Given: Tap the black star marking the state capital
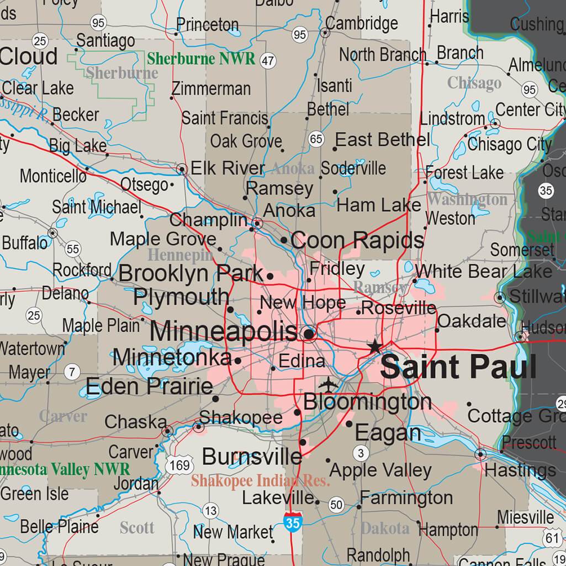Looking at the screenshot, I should point(375,347).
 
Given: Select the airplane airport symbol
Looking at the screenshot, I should point(329,383).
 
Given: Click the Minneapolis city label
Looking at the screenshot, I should point(224,332).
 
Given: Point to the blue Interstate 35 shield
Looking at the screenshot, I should point(292,521).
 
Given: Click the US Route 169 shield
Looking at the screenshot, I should point(180,465).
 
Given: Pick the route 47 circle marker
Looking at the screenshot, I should point(268,61).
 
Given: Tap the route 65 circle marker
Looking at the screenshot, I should point(316,139).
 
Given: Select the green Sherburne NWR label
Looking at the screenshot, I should point(202,59).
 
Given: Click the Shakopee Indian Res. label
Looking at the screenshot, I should point(261,481).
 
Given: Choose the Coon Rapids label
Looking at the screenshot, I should point(357,240).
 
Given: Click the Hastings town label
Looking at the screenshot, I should point(520,470).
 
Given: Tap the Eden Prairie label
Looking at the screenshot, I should point(150,386).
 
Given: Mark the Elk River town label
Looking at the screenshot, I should point(228,169).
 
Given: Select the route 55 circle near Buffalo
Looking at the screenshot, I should point(72,249).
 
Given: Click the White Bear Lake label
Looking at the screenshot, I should point(483,271).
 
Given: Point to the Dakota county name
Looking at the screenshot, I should point(385,528).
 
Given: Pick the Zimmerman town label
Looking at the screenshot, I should point(211,88).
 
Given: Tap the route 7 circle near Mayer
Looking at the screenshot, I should point(72,372).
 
